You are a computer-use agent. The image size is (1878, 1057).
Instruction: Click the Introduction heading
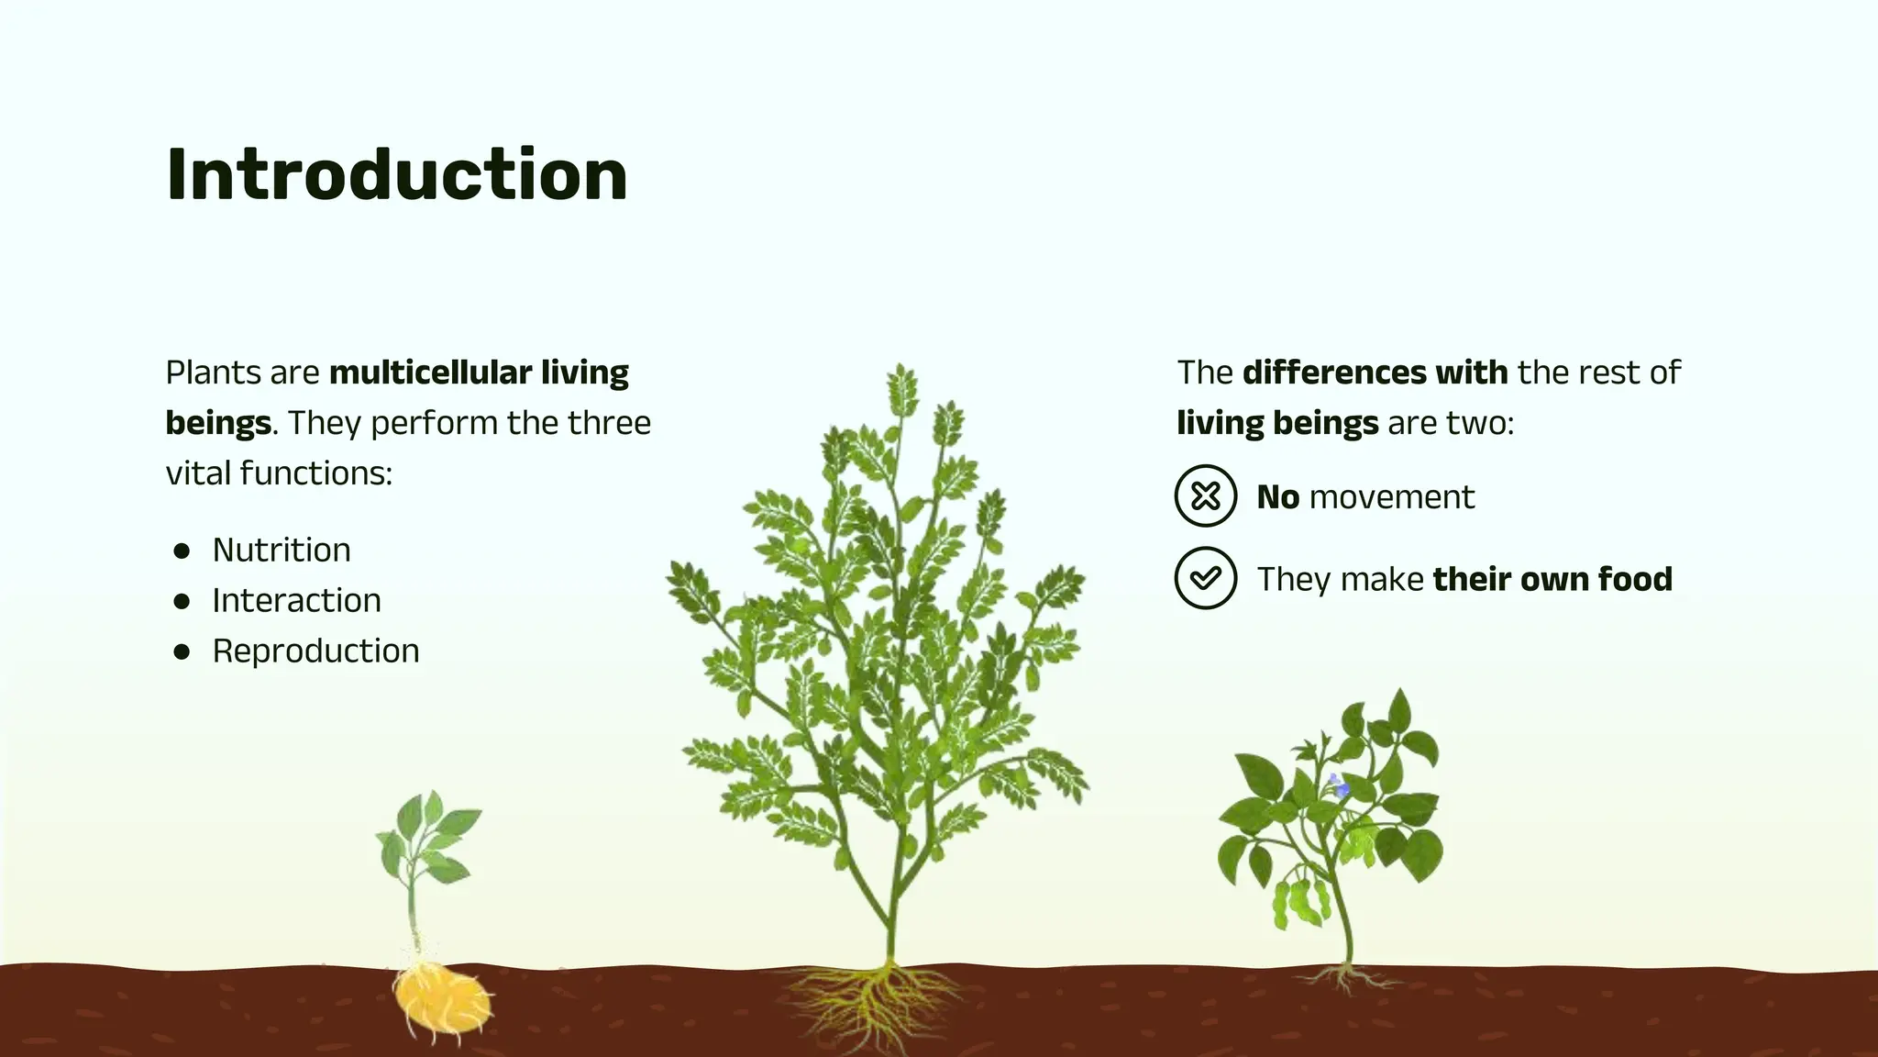point(396,174)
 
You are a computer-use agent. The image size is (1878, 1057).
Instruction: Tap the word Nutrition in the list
point(281,550)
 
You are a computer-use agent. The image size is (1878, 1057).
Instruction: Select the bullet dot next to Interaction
point(182,601)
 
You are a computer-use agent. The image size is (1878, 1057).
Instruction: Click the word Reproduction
point(315,651)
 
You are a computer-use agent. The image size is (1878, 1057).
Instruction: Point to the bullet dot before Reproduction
point(182,651)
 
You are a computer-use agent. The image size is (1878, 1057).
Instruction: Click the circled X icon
point(1205,496)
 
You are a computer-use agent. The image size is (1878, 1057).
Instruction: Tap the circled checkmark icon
point(1205,578)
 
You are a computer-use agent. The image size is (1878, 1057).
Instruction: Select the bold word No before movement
point(1277,497)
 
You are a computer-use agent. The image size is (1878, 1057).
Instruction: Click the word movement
point(1391,497)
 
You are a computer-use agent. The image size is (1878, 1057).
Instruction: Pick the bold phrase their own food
point(1552,579)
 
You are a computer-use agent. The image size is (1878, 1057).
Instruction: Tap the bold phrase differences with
point(1374,373)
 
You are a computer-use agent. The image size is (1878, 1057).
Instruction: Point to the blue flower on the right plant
point(1339,786)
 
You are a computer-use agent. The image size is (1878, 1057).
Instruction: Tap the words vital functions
point(279,473)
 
